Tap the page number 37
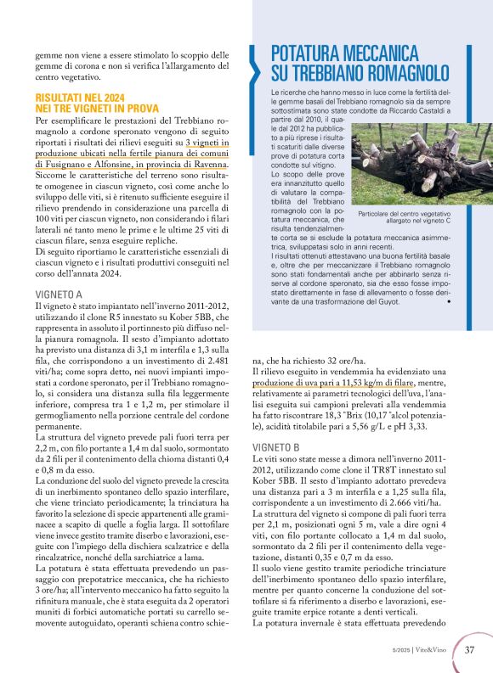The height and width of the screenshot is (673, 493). click(470, 651)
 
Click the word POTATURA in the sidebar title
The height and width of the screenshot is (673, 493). click(320, 51)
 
